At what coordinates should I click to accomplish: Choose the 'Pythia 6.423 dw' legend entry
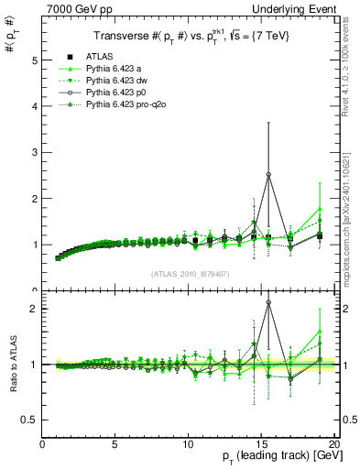point(118,81)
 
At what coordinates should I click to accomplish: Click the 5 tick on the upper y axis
point(34,60)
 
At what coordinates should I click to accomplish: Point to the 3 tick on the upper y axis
point(34,152)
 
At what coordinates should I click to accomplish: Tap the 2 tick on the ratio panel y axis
point(34,309)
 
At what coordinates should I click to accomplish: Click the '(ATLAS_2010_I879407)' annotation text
point(189,273)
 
